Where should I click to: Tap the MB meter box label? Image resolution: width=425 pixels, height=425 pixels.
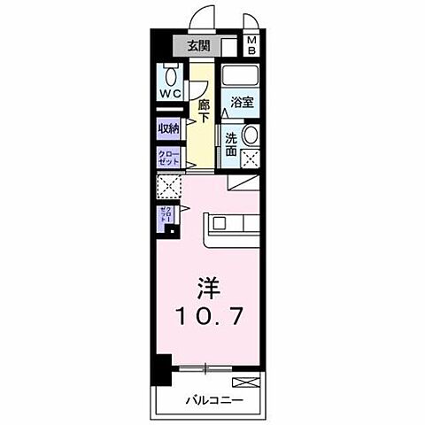tap(251, 45)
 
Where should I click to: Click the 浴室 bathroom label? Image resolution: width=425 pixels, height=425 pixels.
tap(243, 103)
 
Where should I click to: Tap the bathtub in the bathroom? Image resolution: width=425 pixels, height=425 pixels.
tap(240, 75)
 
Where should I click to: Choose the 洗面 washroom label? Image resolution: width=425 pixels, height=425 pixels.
tap(231, 143)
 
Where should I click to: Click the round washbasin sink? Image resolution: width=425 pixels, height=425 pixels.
tap(250, 136)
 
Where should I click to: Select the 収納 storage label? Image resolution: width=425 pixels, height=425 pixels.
tap(169, 128)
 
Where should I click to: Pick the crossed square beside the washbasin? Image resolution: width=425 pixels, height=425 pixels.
tap(250, 160)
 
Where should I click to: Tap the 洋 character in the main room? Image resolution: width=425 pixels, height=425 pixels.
tap(208, 290)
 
